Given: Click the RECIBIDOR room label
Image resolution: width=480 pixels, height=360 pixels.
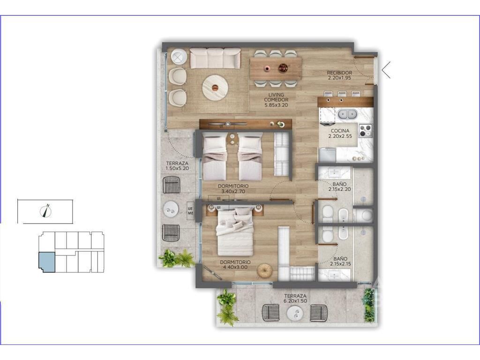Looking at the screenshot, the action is [x=339, y=73].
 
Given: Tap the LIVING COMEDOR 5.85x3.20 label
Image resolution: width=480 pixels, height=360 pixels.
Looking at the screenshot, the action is [x=276, y=100].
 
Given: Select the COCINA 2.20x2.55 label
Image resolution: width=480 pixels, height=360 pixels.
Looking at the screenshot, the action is [x=340, y=134].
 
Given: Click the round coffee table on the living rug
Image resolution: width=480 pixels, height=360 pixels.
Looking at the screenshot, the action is [x=215, y=87].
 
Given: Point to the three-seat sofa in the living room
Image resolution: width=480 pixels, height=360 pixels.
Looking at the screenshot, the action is [x=215, y=58].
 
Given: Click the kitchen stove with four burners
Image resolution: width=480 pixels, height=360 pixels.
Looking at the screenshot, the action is [x=365, y=131].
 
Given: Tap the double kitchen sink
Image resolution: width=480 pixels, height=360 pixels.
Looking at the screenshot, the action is [x=348, y=114].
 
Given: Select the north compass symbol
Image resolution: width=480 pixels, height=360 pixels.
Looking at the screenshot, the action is [x=45, y=210].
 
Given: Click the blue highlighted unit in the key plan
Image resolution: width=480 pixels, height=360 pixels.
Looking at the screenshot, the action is [x=46, y=262].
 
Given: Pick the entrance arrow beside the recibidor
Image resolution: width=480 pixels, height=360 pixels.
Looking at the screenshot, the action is [x=386, y=70].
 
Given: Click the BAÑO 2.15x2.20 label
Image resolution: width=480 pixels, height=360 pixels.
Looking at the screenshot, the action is [x=339, y=187].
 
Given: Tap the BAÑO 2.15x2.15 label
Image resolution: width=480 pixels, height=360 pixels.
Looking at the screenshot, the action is [x=340, y=261].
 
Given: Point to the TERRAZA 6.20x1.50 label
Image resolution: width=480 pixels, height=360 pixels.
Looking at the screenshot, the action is [x=295, y=299].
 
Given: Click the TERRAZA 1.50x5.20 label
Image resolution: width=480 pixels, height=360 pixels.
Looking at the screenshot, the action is [x=177, y=166].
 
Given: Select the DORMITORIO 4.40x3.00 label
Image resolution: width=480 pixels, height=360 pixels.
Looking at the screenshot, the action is [x=235, y=265].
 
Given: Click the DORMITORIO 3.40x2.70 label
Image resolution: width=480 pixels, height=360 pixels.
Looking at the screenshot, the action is [x=233, y=188].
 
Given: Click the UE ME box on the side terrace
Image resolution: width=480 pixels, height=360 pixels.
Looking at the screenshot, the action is [x=190, y=211].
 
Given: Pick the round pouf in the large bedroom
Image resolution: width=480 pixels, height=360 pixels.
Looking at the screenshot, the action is [x=264, y=271].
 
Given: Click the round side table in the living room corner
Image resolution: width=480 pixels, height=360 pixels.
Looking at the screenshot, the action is [x=179, y=57].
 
